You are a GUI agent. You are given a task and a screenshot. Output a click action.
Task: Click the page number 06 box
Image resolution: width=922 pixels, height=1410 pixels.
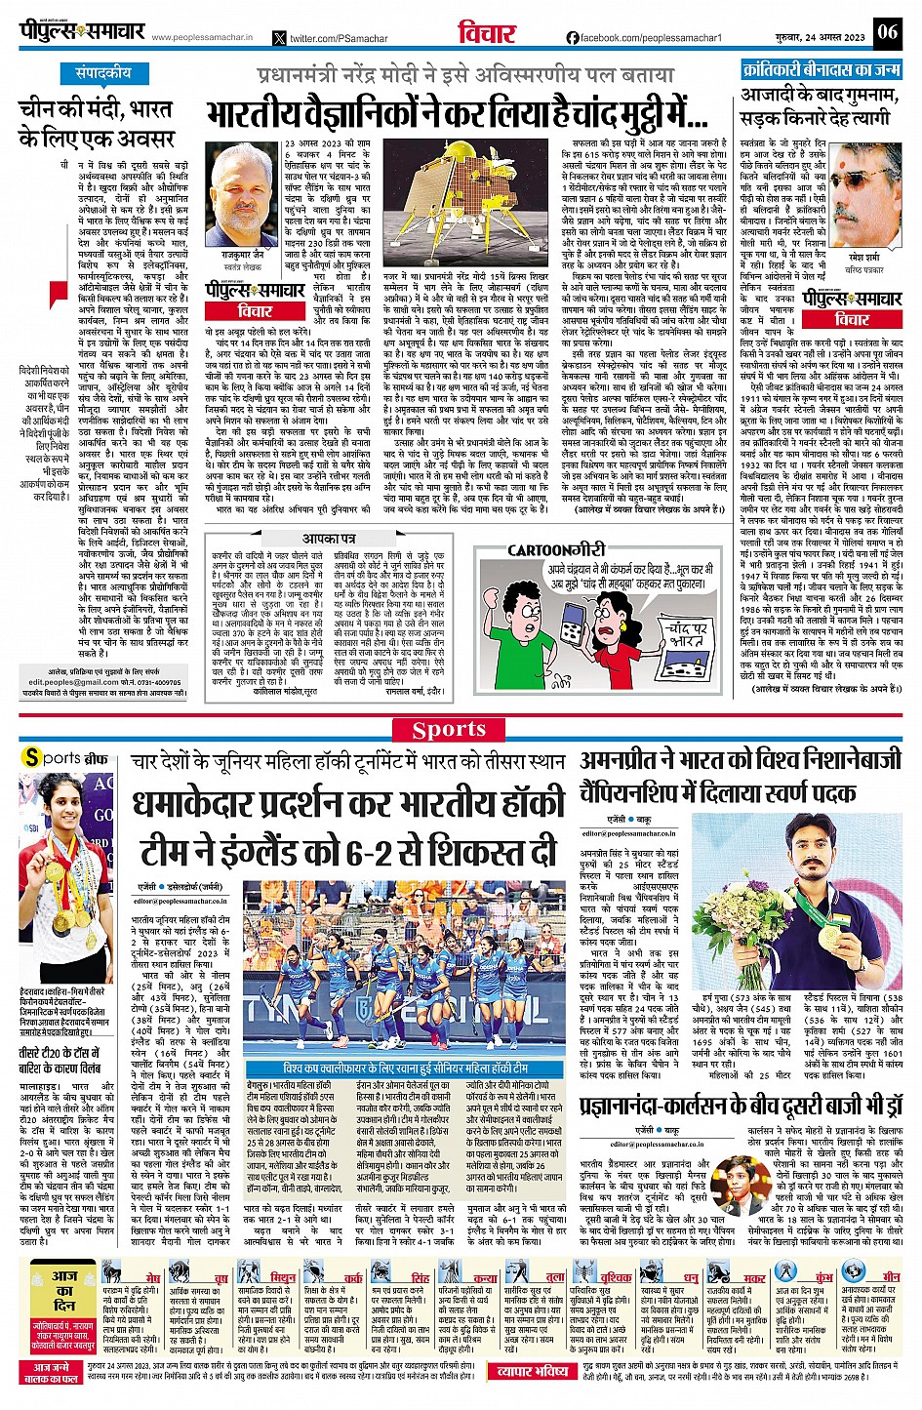tap(886, 31)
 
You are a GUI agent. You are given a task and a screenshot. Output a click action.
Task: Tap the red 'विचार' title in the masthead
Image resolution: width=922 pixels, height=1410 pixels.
tap(487, 33)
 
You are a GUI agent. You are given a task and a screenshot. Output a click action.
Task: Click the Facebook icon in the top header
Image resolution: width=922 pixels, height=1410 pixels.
tap(573, 38)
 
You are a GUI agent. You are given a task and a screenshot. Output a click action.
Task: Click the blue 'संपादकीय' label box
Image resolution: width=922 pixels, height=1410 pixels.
tap(103, 73)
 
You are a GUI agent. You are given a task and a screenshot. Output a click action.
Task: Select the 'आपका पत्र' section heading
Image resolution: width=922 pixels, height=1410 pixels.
tap(329, 539)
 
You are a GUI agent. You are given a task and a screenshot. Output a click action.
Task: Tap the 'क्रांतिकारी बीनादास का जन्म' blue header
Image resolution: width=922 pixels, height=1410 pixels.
tap(821, 70)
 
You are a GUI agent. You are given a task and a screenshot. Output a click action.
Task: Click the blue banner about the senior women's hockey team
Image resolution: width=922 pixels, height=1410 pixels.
tap(406, 1068)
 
